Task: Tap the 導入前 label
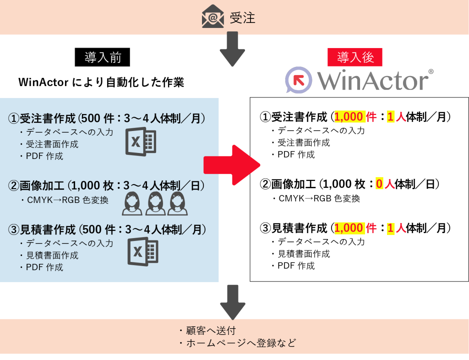point(102,57)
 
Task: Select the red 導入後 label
point(355,57)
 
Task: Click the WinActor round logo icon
point(299,80)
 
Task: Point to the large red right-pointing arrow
point(232,165)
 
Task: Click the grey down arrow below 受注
point(232,49)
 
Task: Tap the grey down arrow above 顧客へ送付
point(233,301)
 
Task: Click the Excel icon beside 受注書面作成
point(141,142)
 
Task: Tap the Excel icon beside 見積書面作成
point(142,251)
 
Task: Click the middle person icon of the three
point(155,203)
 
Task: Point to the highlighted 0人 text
point(385,184)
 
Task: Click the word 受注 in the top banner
point(242,17)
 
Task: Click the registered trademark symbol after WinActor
point(430,71)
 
